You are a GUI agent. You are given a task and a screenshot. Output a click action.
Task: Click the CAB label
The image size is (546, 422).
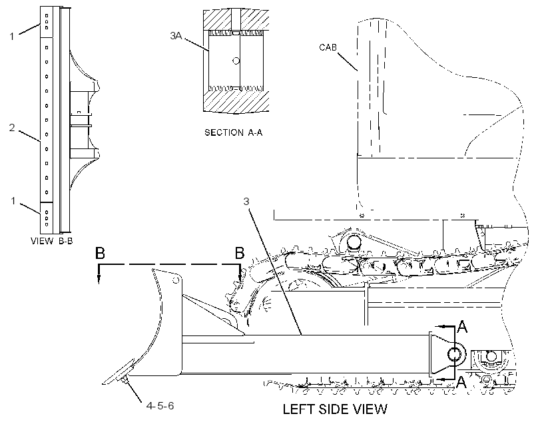[328, 47]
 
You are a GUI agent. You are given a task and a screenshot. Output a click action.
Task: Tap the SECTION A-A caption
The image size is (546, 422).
[233, 132]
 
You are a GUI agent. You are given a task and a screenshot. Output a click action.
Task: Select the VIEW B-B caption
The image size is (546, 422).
[52, 241]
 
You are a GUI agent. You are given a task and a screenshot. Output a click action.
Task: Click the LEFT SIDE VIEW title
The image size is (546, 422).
[335, 409]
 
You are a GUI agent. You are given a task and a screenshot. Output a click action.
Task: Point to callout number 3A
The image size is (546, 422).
[176, 35]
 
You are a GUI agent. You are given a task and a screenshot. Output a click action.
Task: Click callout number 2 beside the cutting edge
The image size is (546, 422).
[12, 128]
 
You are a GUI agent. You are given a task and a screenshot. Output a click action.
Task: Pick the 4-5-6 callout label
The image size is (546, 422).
[160, 406]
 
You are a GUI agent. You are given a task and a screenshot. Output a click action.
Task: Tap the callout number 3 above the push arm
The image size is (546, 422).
[246, 202]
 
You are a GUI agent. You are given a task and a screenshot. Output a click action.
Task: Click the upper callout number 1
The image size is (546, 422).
[12, 36]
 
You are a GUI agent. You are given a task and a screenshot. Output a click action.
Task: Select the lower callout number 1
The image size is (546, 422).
[13, 201]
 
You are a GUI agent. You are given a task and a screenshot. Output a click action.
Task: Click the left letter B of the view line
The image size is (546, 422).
[100, 253]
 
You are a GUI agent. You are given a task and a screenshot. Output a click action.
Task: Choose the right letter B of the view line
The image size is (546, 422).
[240, 253]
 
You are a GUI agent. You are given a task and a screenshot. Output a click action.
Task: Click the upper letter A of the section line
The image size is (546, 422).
[462, 327]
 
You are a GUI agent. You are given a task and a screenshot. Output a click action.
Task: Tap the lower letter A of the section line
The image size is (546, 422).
[461, 382]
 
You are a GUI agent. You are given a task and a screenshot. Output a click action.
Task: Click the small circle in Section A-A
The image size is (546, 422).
[236, 61]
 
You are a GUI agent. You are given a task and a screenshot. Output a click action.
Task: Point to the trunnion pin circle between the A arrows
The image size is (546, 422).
[454, 355]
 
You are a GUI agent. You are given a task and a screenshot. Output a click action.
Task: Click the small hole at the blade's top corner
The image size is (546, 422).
[176, 280]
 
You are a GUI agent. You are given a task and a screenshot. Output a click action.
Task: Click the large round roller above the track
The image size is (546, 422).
[354, 242]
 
